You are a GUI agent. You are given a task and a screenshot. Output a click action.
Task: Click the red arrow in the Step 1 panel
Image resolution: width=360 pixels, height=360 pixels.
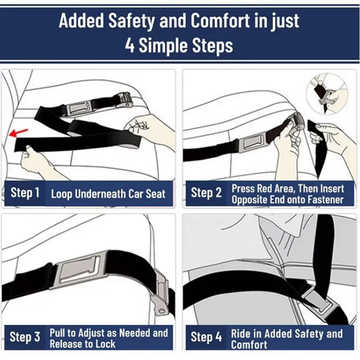(x=18, y=132)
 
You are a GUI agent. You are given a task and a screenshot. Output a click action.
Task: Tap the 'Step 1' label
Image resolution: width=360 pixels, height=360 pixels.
(x=25, y=193)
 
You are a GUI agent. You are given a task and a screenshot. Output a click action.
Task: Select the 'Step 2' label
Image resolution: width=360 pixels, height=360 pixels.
(x=206, y=193)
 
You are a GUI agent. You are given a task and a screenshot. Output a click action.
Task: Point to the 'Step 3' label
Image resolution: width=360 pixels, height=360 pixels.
(x=25, y=337)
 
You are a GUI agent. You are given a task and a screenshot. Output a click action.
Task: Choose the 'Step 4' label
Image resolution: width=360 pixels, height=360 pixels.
(x=206, y=337)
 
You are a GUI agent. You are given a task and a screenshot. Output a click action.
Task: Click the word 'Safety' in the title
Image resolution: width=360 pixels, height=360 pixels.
(x=131, y=21)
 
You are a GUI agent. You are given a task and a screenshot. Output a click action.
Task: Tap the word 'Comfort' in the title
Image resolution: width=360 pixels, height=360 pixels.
(x=220, y=21)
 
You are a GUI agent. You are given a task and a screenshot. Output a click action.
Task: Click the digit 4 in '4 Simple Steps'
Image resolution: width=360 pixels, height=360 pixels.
(x=130, y=45)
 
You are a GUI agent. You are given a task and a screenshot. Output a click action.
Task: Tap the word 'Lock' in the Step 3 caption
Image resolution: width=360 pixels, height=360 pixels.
(x=105, y=344)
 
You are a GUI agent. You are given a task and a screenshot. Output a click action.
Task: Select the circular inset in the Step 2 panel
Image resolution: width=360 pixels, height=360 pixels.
(x=327, y=94)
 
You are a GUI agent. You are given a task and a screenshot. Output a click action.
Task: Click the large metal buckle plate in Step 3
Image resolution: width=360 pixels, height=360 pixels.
(x=79, y=269)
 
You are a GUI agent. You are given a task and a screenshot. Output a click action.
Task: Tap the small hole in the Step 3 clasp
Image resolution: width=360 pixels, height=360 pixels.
(x=162, y=311)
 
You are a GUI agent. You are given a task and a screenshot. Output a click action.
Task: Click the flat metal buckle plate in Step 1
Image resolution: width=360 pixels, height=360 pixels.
(x=79, y=107)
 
